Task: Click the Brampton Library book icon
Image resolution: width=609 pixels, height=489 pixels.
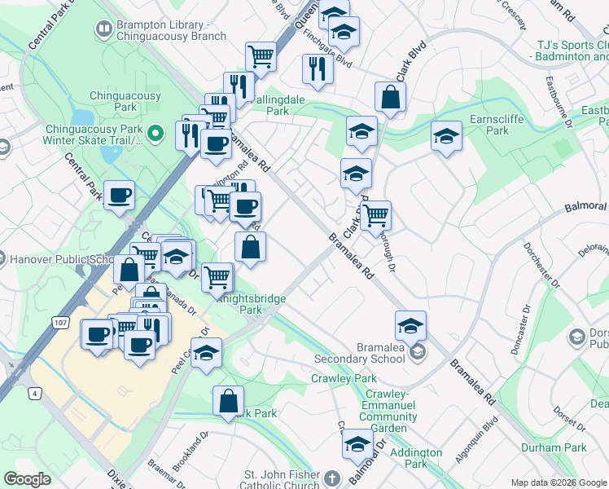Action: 104,30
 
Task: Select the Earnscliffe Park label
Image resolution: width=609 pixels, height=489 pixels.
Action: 502,125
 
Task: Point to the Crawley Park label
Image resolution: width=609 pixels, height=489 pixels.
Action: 344,379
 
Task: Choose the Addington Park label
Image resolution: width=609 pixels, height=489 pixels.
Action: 416,458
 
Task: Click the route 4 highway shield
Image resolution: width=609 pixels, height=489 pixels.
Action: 35,394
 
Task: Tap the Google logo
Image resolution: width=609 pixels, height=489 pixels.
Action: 27,479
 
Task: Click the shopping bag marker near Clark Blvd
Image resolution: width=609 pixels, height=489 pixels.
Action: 391,97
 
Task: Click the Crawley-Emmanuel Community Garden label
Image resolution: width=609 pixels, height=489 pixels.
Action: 388,405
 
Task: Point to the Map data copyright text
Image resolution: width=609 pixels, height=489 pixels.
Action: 558,482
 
